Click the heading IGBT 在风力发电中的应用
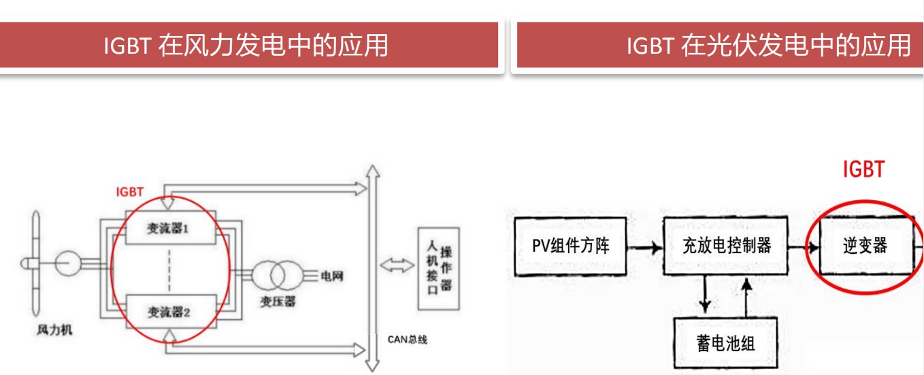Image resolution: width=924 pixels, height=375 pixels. pyautogui.click(x=246, y=46)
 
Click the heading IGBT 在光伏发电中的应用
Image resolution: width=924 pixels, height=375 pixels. pyautogui.click(x=768, y=46)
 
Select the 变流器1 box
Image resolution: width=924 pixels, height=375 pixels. pyautogui.click(x=169, y=230)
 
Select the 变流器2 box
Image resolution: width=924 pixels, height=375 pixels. pyautogui.click(x=169, y=312)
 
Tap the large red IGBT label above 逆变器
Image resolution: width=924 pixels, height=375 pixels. pyautogui.click(x=863, y=169)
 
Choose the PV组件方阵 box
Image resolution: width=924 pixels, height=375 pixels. pyautogui.click(x=570, y=245)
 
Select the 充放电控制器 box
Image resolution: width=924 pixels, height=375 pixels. pyautogui.click(x=726, y=245)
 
